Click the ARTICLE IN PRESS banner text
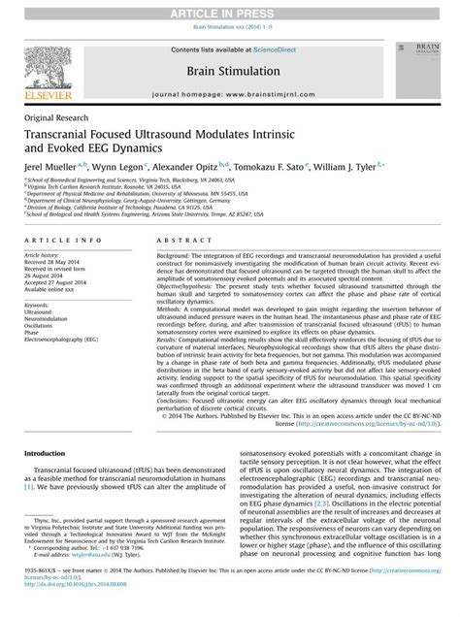(x=230, y=9)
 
